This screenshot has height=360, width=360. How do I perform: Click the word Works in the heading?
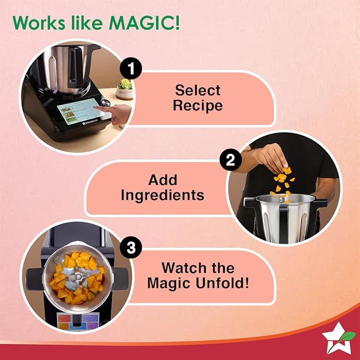coord(38,23)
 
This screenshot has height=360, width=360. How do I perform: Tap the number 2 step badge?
coord(230,161)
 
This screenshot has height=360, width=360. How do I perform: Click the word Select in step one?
coord(198,90)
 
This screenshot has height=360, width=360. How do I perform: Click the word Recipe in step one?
coord(198,105)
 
